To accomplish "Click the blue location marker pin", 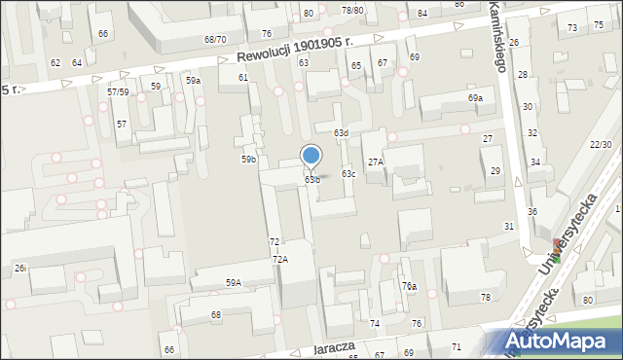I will click(x=311, y=157).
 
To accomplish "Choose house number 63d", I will click(x=341, y=132).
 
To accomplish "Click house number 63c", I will click(x=348, y=174).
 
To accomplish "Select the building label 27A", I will click(x=375, y=162).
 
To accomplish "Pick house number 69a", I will click(x=475, y=98).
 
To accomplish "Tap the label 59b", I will click(x=249, y=159).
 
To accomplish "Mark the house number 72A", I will click(x=279, y=259).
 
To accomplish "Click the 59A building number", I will click(x=234, y=282).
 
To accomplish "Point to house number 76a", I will click(x=410, y=286).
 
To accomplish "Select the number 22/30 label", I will click(x=601, y=144).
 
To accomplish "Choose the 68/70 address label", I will click(x=215, y=39).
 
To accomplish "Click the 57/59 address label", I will click(x=118, y=91).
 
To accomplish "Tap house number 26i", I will click(x=19, y=268).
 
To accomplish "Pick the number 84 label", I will click(x=421, y=13).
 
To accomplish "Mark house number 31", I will click(x=508, y=226).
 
